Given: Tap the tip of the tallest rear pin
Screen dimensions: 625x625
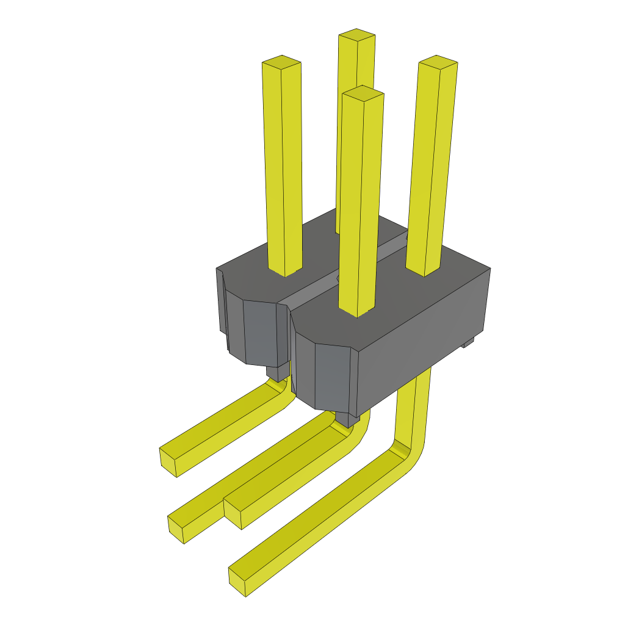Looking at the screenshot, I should (x=356, y=35).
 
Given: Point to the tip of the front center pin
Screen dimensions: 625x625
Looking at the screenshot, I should (x=363, y=93).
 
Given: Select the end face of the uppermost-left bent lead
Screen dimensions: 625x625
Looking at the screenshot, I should (x=167, y=462).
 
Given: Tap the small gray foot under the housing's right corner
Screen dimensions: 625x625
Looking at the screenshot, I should (x=468, y=344).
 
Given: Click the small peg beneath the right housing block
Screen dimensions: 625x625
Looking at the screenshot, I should (x=347, y=419).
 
